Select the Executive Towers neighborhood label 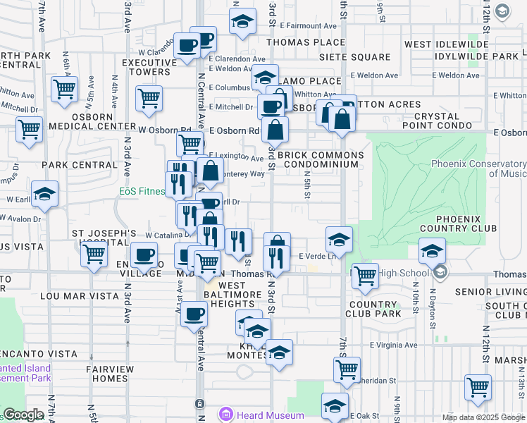point(146,67)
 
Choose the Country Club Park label point(374,309)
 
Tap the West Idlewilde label point(438,44)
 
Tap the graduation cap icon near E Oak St point(335,405)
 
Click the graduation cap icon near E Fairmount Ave point(242,21)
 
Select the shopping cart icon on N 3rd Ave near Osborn point(149,99)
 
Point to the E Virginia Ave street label point(394,345)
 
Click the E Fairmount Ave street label point(303,25)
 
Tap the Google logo point(23,415)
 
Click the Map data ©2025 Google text point(483,417)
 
